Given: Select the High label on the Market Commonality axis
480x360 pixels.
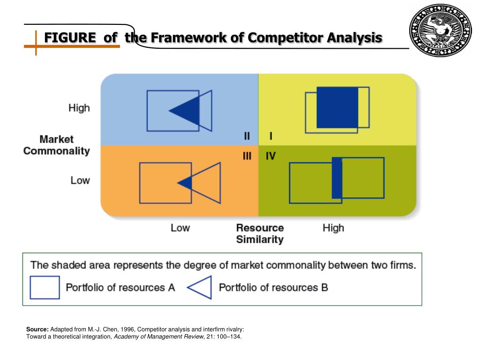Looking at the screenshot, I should click(79, 108).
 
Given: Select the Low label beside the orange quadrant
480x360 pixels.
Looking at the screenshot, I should click(80, 180).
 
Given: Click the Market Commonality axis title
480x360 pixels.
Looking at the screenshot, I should click(57, 145).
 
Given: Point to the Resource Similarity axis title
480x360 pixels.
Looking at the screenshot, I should click(260, 233).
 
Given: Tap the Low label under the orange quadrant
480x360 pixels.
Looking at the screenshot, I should click(180, 228).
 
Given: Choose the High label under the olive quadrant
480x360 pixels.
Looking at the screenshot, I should click(333, 228).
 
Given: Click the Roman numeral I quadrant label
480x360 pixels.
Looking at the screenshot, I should click(271, 136).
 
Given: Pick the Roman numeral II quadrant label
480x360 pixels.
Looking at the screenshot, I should click(247, 136).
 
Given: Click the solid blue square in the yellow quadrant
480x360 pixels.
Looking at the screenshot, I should click(337, 107).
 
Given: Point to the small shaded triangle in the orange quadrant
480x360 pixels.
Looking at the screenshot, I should click(186, 183).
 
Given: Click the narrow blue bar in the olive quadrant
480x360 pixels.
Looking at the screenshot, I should click(337, 178).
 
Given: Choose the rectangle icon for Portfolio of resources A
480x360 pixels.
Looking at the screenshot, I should click(45, 287).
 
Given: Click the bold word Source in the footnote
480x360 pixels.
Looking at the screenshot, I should click(37, 330).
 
